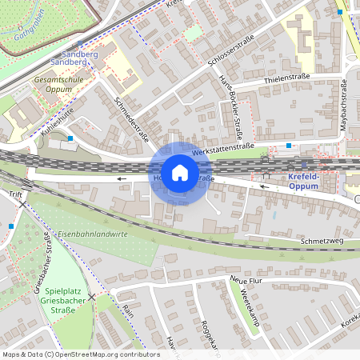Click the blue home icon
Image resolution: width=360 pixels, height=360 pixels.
click(x=180, y=173)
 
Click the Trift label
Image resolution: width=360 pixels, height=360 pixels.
click(x=15, y=194)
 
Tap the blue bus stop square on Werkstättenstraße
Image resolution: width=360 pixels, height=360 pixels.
click(x=288, y=146)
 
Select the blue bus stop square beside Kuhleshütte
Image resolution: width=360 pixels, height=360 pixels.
click(x=70, y=138)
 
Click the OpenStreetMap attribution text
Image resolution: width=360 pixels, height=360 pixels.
click(x=80, y=354)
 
